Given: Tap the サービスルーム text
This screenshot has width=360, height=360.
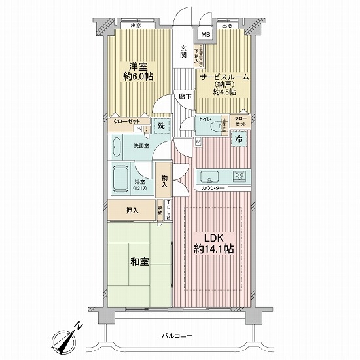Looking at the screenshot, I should pos(225,75).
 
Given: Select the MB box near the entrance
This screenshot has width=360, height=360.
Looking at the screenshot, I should pos(206,35).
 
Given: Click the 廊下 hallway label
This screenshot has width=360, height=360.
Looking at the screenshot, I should pos(184,96).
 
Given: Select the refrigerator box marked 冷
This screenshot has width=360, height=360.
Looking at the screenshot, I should pos(240,139).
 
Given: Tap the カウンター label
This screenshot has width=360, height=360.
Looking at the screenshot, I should pos(213,189).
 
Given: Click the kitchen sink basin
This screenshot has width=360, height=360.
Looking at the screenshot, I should pos(209,175).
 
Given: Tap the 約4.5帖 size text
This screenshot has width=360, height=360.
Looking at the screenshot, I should pos(225,92).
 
